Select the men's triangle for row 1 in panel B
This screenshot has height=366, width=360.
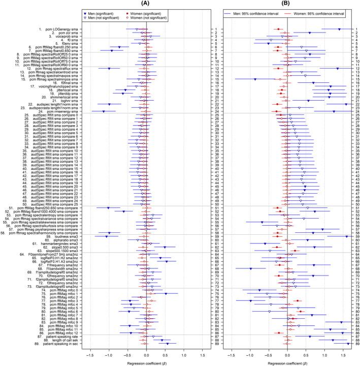339,29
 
